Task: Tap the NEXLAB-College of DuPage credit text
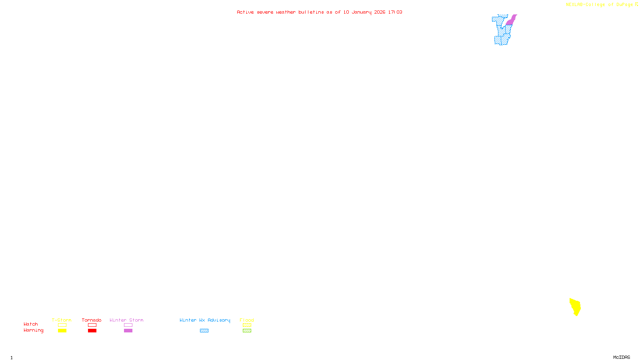click(x=600, y=5)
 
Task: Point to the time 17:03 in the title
click(x=395, y=12)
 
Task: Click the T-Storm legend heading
click(x=62, y=320)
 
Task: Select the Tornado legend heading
click(x=92, y=320)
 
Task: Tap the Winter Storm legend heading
click(x=126, y=320)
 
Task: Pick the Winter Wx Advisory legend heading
click(x=205, y=320)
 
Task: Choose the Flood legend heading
click(x=247, y=320)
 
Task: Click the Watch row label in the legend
click(x=31, y=324)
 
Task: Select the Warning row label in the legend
click(x=33, y=330)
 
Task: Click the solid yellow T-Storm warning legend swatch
click(x=62, y=331)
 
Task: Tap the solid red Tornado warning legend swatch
click(x=92, y=331)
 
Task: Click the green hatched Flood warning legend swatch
click(x=247, y=331)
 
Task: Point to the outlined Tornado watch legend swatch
click(x=92, y=325)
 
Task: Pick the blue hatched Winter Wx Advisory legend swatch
click(x=204, y=331)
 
